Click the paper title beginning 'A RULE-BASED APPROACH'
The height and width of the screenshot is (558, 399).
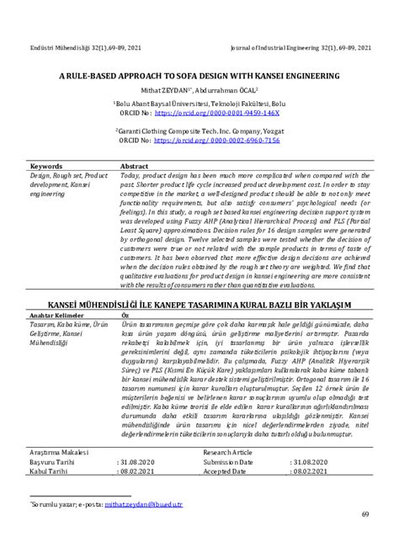point(199,75)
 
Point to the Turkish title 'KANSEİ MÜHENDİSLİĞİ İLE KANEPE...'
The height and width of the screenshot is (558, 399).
point(199,302)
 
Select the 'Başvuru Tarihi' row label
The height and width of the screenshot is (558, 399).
point(52,462)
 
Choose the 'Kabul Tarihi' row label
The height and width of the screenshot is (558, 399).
point(49,471)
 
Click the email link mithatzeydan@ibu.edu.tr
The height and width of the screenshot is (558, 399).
point(141,505)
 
